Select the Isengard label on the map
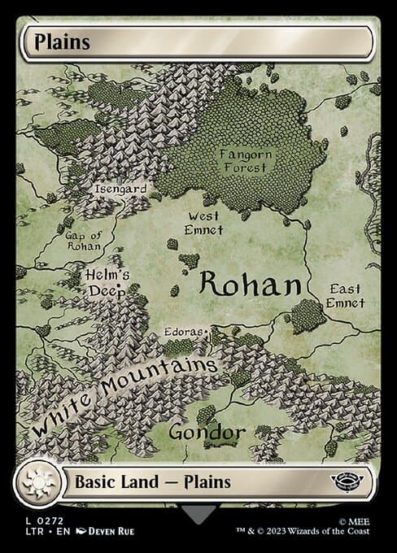120,189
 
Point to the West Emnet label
204,224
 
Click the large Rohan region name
251,284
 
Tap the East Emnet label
345,295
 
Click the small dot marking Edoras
208,332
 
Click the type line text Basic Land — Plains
153,481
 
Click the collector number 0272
49,518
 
